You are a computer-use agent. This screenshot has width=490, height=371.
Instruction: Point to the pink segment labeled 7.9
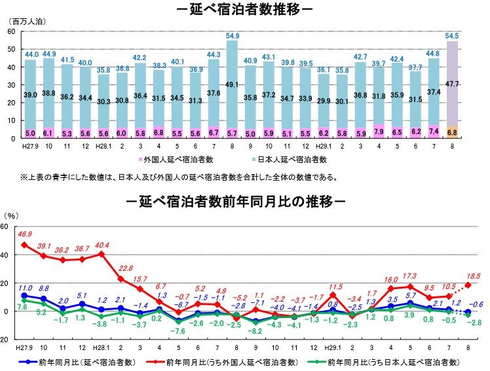click(378, 131)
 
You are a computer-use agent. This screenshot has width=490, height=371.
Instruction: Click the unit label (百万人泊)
click(29, 22)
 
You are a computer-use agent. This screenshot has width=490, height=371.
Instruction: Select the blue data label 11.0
click(25, 287)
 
